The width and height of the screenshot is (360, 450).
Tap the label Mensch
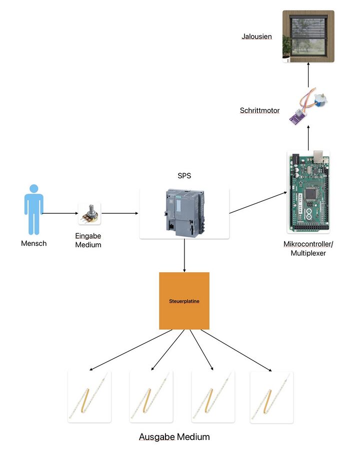34,244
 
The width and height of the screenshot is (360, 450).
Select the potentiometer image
89,214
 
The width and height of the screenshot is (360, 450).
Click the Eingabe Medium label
88,241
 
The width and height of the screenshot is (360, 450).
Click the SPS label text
184,176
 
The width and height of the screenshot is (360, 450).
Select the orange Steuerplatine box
184,300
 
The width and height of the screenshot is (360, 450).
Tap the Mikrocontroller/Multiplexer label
308,248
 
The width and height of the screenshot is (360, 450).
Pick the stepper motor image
305,107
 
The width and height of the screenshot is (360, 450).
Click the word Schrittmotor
260,111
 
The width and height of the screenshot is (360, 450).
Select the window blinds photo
308,37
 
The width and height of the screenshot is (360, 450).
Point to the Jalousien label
256,37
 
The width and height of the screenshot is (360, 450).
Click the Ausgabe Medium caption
174,437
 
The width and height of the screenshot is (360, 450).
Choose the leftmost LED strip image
89,397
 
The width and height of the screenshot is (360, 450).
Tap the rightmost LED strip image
271,397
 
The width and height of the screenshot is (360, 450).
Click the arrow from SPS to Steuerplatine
184,255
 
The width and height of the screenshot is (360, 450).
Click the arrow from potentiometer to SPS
120,214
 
